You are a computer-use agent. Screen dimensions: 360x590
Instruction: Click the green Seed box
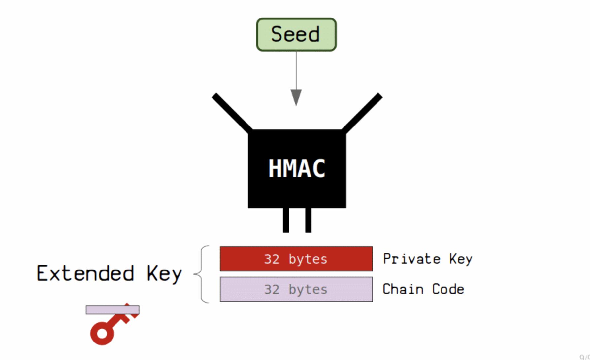point(296,35)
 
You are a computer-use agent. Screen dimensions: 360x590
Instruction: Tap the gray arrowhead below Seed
point(296,97)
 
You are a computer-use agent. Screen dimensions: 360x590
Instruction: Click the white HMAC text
point(297,168)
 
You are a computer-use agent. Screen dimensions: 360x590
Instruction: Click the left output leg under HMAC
point(286,220)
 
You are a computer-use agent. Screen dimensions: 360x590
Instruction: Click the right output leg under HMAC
point(308,220)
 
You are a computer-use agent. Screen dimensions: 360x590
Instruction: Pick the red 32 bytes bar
point(296,259)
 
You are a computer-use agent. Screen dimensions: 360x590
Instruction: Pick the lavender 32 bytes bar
point(296,289)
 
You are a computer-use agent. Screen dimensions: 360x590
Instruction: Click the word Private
point(411,259)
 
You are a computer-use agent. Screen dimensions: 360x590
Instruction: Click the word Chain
point(403,289)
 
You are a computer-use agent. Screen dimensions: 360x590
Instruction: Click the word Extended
point(85,273)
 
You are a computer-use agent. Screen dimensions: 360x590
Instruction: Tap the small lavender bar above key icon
point(113,310)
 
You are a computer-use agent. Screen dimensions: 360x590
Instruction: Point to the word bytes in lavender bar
point(308,290)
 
